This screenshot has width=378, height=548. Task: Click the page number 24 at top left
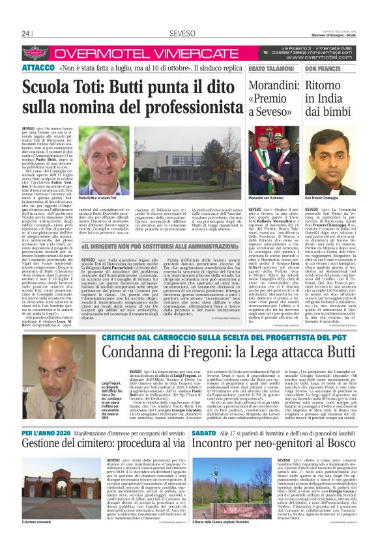pos(27,34)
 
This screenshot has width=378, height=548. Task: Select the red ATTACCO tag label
pos(38,68)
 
